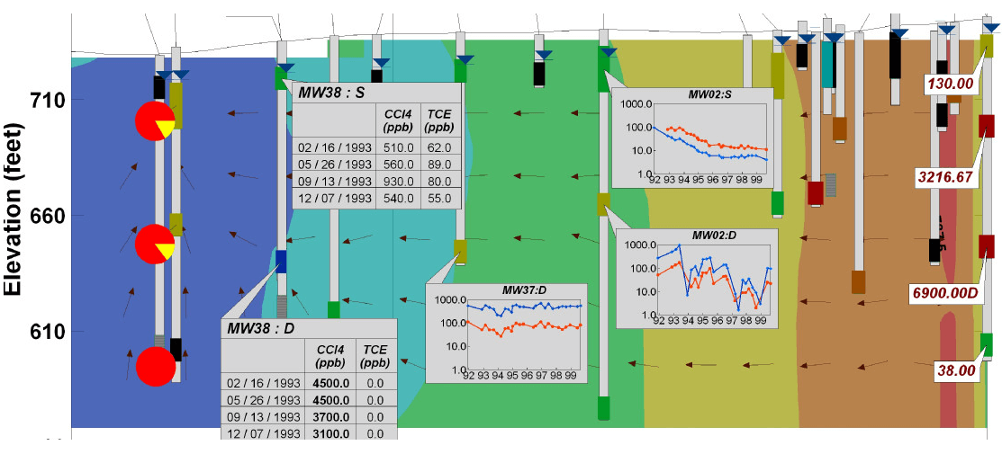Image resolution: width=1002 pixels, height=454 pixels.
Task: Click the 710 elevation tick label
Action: [44, 100]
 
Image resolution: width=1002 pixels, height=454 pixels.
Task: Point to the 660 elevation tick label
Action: [44, 216]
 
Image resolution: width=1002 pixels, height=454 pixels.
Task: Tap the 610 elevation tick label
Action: [44, 332]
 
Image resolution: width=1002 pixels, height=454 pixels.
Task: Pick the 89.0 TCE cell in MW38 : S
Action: [438, 164]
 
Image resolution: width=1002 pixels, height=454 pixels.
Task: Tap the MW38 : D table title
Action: [260, 328]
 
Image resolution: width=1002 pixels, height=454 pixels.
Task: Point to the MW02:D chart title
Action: [714, 235]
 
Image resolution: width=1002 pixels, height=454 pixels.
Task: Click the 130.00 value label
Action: [952, 84]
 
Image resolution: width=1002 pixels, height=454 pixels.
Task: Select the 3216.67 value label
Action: [944, 177]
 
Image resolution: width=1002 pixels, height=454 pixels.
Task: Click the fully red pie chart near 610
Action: [155, 366]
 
